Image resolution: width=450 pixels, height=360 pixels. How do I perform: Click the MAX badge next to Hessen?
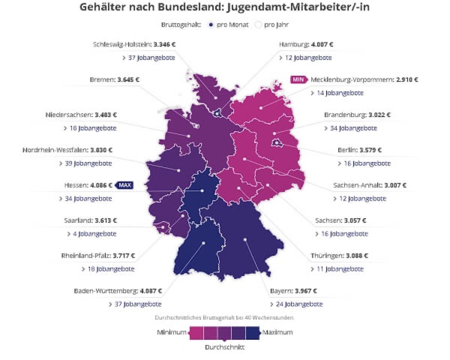click(124, 185)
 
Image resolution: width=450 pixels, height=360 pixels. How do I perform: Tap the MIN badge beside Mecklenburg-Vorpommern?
click(298, 79)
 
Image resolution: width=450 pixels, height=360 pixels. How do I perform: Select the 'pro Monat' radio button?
click(211, 25)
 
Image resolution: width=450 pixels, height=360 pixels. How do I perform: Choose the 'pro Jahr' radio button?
click(258, 25)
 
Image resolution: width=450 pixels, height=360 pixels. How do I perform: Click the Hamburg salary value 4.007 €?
click(321, 44)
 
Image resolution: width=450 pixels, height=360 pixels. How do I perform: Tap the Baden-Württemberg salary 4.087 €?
click(151, 291)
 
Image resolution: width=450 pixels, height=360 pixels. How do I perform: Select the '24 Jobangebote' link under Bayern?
click(296, 304)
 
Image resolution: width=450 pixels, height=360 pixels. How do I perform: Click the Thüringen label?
click(327, 256)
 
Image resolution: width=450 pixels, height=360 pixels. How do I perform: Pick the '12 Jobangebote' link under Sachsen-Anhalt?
click(360, 198)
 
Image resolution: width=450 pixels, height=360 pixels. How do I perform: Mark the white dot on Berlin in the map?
click(277, 143)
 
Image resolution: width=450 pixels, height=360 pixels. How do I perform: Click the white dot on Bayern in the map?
click(245, 239)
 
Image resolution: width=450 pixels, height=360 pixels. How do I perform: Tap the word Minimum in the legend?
click(172, 332)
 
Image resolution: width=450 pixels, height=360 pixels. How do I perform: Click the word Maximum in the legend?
click(277, 332)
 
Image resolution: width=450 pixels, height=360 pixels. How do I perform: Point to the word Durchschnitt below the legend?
click(225, 347)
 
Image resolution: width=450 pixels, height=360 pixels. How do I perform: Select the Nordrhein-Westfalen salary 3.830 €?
click(101, 150)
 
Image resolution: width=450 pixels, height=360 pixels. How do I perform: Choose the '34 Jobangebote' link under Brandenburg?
click(351, 128)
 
